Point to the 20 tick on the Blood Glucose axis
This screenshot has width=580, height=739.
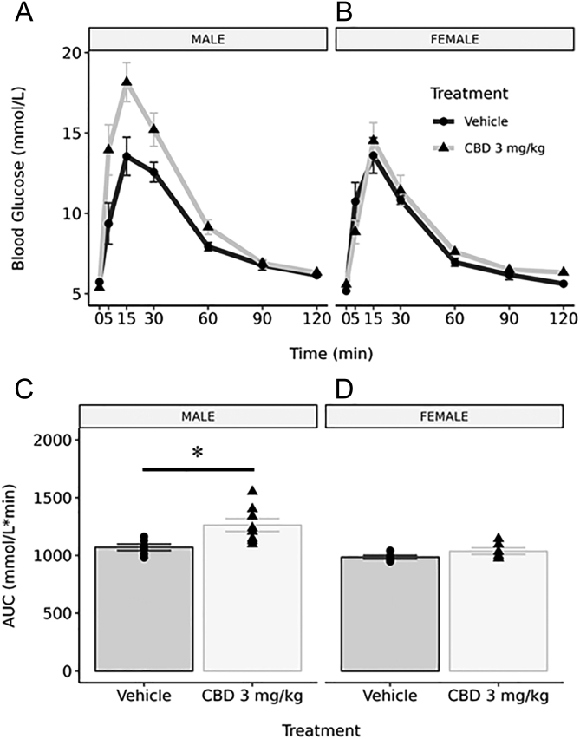[71, 53]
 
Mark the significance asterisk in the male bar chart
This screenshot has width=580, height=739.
[198, 453]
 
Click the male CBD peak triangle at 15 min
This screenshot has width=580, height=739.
[127, 82]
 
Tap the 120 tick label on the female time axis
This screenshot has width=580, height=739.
[563, 318]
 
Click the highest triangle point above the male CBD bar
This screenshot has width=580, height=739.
[252, 491]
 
